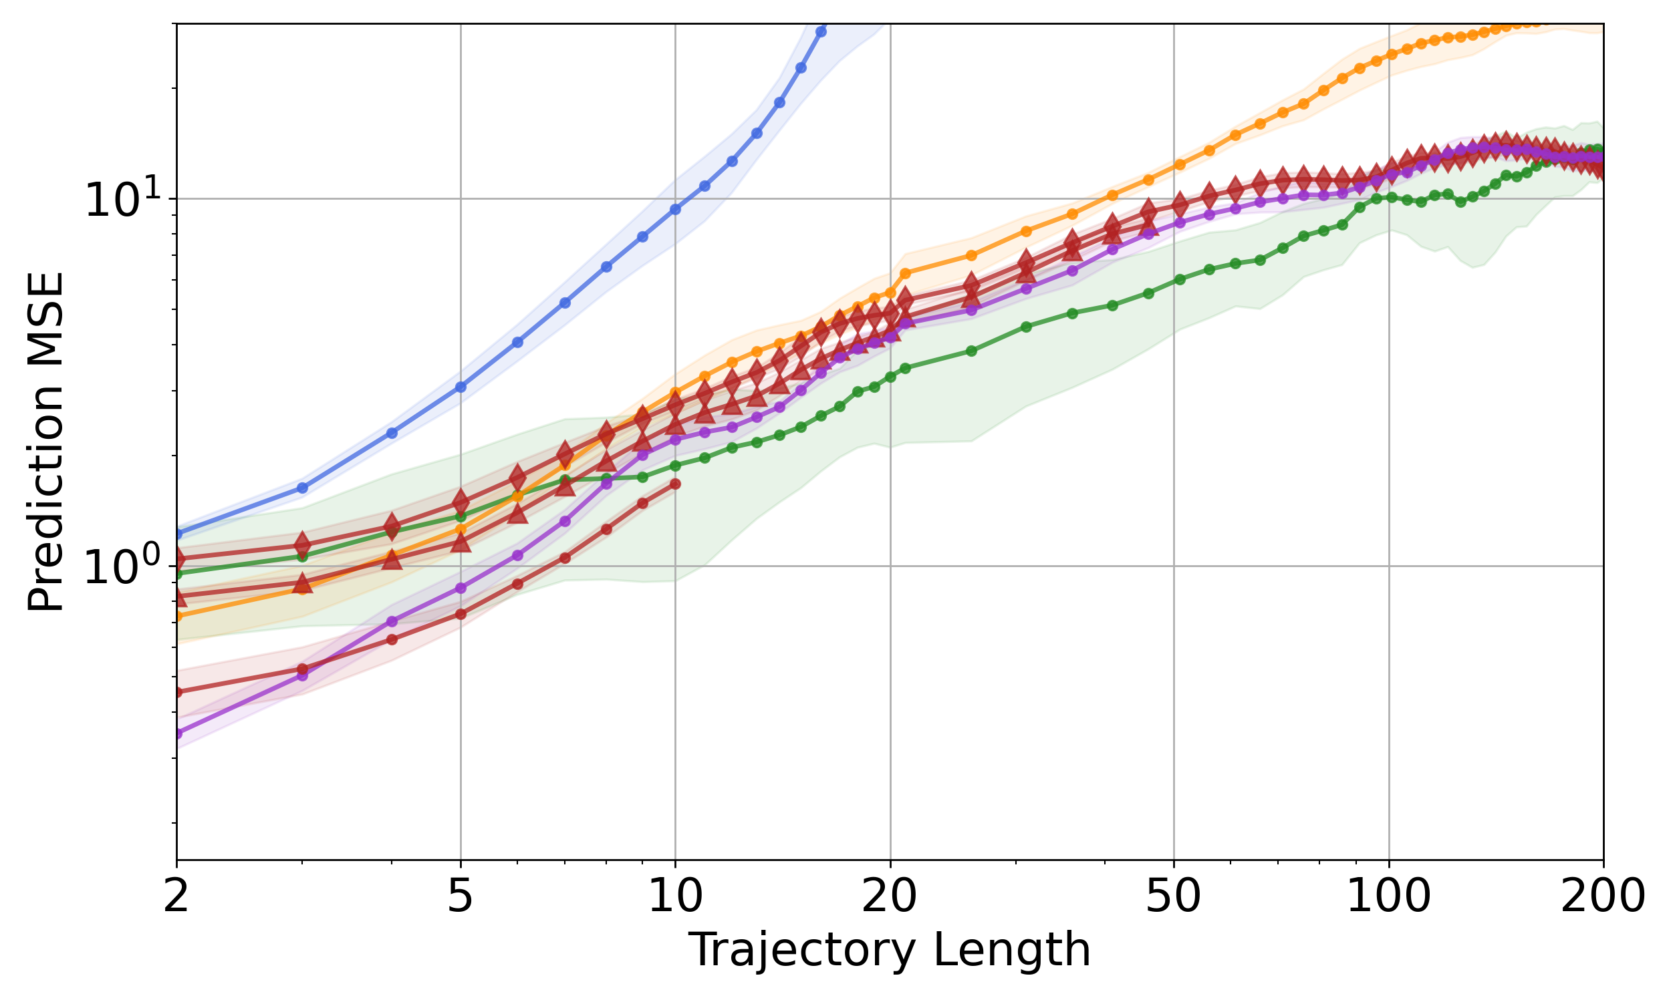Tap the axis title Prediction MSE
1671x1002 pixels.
tap(46, 442)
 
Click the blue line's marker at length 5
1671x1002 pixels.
tap(461, 387)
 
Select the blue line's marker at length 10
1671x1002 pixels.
tap(676, 209)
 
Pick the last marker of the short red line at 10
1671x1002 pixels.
tap(676, 484)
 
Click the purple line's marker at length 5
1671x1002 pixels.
tap(461, 588)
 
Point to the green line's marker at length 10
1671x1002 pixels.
tap(676, 466)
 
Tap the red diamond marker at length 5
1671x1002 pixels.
tap(461, 502)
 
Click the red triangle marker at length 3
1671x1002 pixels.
tap(303, 583)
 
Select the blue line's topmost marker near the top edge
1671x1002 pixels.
tap(821, 31)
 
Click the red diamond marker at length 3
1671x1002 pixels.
tap(303, 544)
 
